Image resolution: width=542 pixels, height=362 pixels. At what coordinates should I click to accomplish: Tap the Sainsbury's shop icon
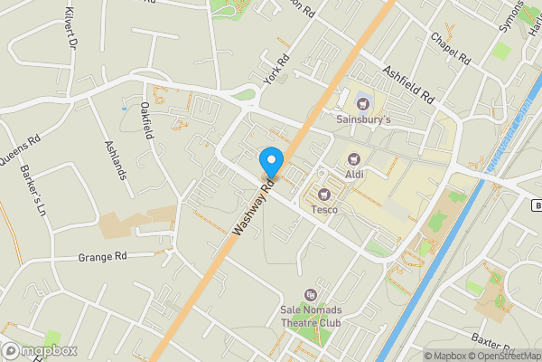point(364,101)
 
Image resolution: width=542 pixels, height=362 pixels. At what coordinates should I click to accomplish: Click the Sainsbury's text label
point(364,119)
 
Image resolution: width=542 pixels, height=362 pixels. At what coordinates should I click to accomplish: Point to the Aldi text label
point(353,174)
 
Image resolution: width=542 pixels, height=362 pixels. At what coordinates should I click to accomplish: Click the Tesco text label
point(324,210)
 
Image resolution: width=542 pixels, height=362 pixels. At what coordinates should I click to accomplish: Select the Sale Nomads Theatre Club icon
point(311,294)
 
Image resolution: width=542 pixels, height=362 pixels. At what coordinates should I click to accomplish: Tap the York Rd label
point(276,71)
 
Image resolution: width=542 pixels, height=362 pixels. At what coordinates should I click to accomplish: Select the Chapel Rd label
point(451,50)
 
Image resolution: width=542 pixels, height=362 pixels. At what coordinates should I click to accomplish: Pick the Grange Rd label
point(102,257)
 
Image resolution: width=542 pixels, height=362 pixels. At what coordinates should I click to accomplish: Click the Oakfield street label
point(146,119)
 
